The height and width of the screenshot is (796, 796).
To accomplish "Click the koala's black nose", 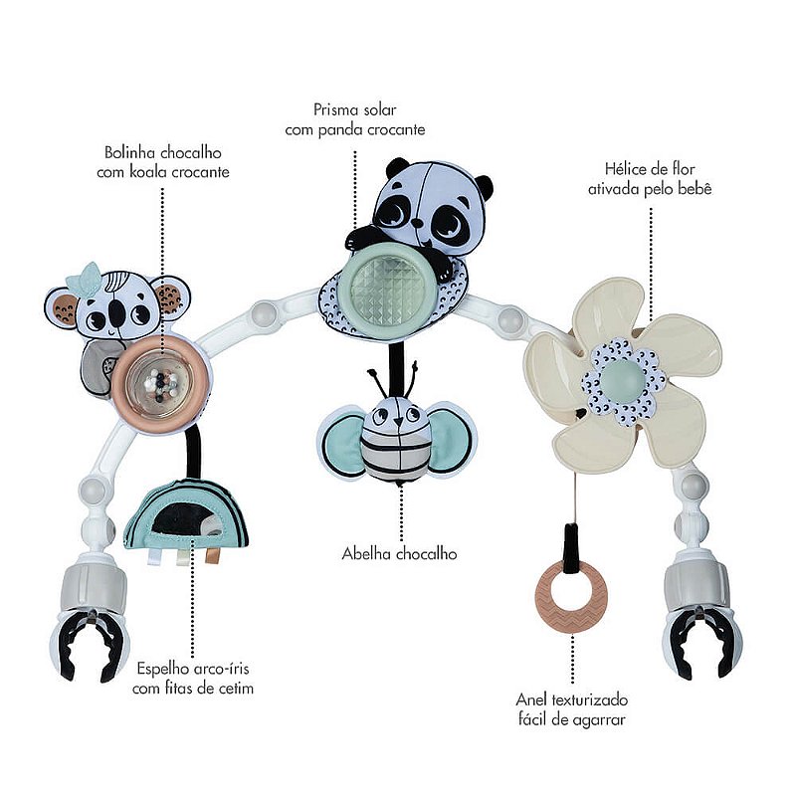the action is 116,313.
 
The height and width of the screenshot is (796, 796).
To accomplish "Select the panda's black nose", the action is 417,223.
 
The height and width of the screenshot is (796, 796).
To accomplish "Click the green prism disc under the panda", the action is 388,286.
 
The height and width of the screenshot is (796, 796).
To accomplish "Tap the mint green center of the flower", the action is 623,380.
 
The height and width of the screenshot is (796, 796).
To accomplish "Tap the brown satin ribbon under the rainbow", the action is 211,556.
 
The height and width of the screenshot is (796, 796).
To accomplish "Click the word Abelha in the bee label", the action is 366,553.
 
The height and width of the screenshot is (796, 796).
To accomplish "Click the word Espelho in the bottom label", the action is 163,669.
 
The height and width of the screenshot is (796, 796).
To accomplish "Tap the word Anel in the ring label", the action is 531,699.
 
